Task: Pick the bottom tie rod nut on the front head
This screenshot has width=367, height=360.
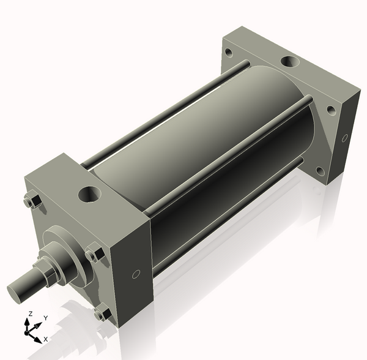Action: pyautogui.click(x=102, y=313)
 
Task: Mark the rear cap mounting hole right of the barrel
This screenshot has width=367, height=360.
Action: pyautogui.click(x=331, y=111)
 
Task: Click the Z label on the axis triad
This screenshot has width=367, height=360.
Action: pyautogui.click(x=29, y=314)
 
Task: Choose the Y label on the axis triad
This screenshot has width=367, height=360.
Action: pyautogui.click(x=45, y=318)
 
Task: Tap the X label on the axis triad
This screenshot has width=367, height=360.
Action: pyautogui.click(x=46, y=339)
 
